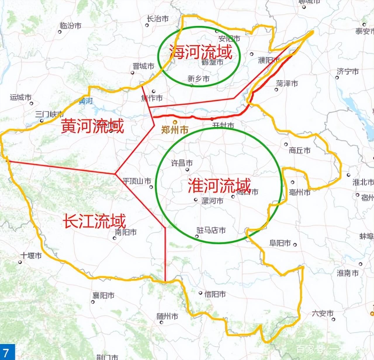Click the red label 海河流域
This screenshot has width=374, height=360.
[201, 52]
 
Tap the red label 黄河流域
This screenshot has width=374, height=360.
[93, 126]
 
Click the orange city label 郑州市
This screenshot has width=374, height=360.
[175, 129]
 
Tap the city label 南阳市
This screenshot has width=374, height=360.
[126, 233]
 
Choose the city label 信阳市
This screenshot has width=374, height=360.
[215, 294]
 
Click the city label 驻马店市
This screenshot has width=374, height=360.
[211, 230]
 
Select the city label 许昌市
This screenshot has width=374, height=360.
[182, 163]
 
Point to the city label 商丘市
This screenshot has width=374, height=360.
[299, 150]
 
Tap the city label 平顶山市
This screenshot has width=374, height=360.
[137, 181]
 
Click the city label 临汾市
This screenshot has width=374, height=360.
[70, 26]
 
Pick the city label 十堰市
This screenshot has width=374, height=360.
[31, 256]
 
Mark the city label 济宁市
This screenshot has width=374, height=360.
[348, 72]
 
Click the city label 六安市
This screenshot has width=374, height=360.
[323, 314]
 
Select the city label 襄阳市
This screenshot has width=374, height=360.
[103, 296]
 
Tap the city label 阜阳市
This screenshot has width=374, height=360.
[280, 243]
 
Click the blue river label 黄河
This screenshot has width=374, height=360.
[86, 101]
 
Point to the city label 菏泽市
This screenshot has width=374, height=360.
[287, 84]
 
